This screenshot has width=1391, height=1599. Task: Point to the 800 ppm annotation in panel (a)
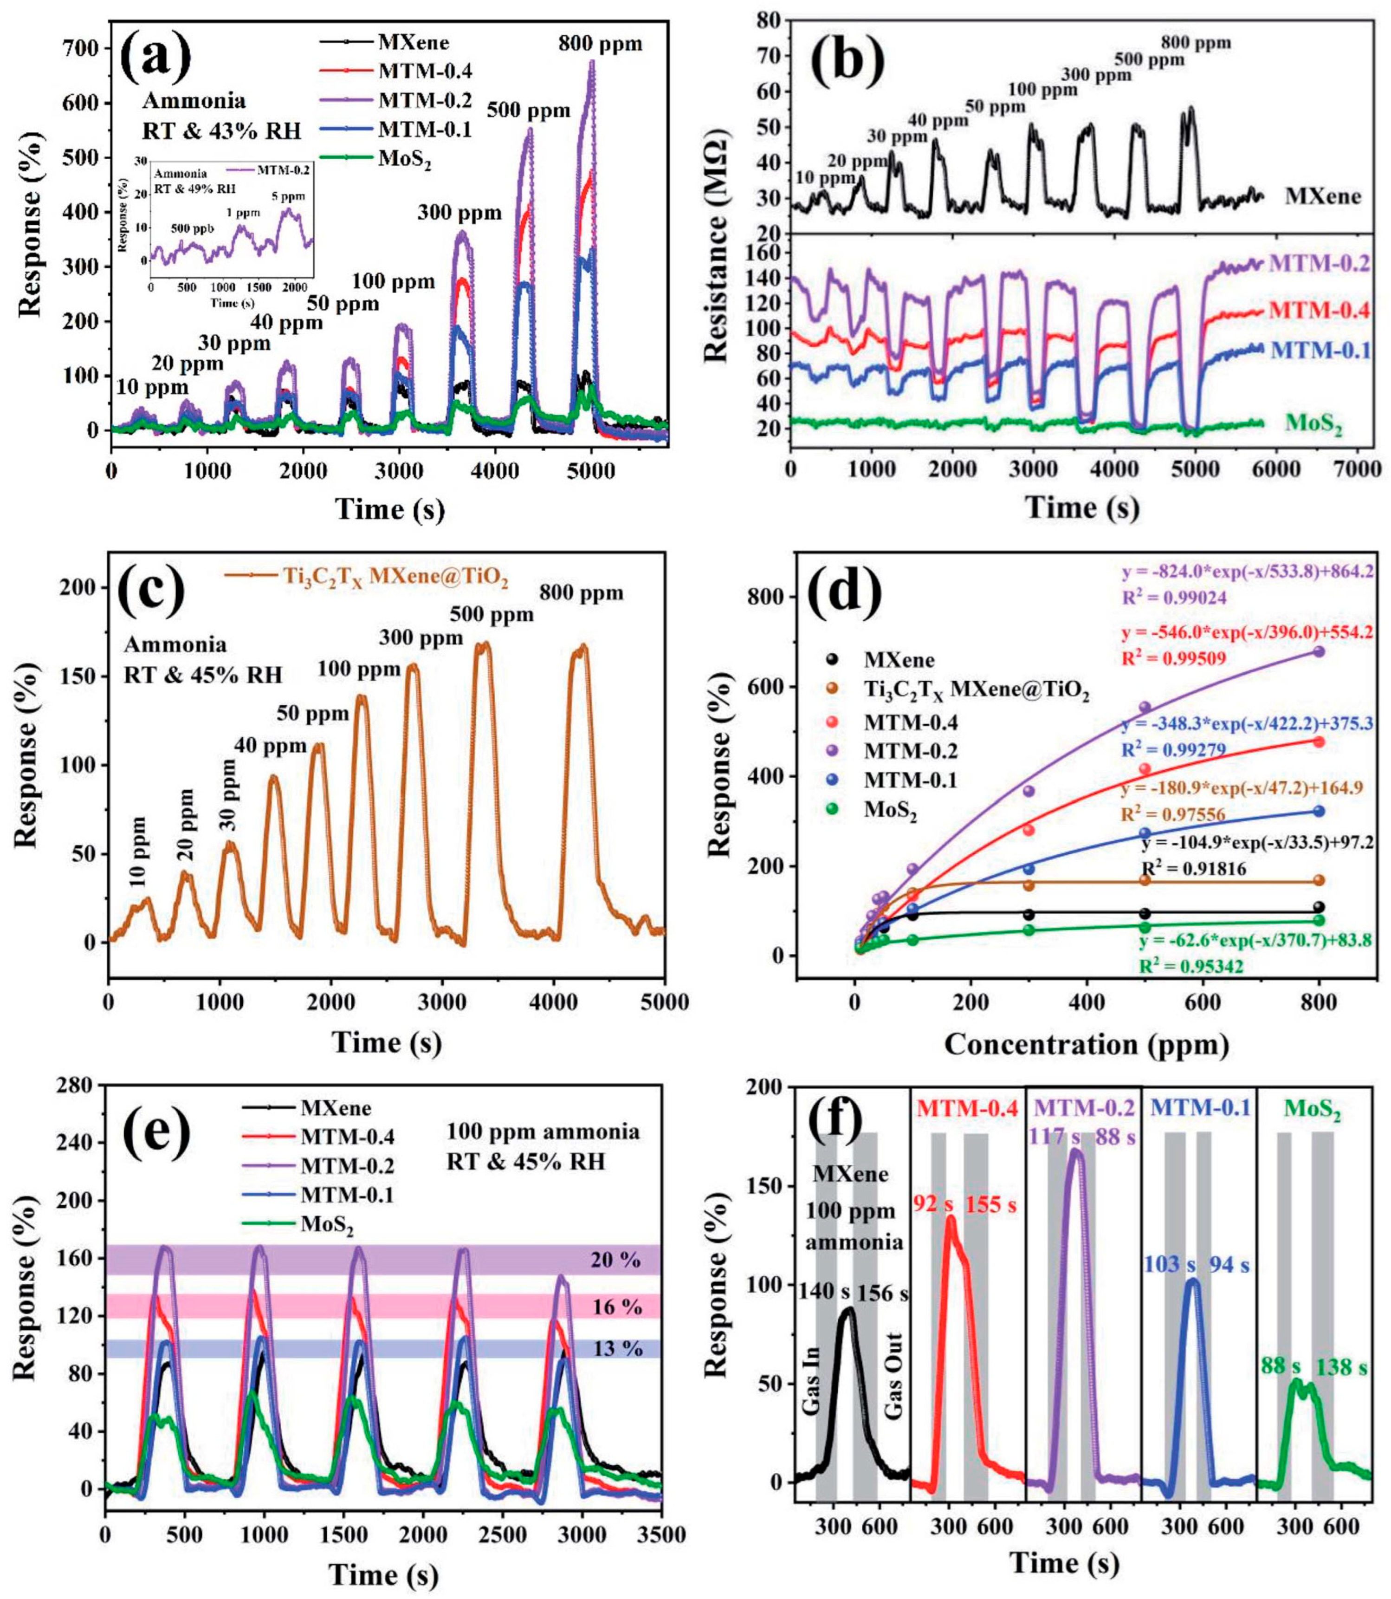click(x=600, y=44)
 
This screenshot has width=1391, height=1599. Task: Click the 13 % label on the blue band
click(x=617, y=1348)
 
